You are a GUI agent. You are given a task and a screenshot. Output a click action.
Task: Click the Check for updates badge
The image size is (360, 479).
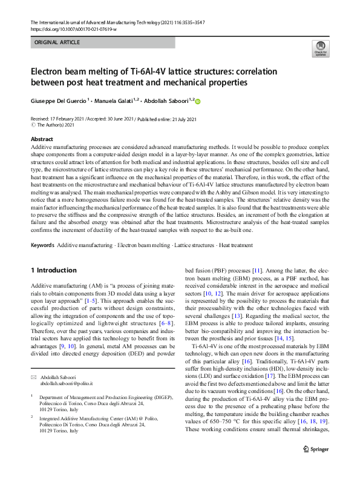click(320, 48)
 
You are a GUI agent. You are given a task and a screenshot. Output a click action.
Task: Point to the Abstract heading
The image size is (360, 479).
click(41, 139)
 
